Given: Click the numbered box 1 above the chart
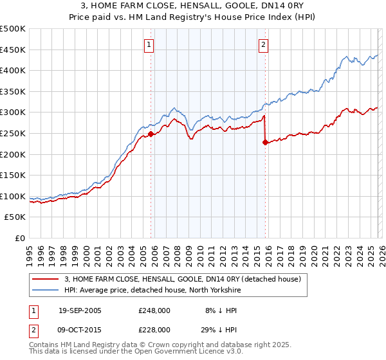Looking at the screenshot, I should (x=149, y=44).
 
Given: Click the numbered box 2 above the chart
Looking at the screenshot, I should (x=264, y=44).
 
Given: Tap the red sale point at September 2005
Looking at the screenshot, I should (x=151, y=134).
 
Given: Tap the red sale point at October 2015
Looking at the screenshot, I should (x=265, y=143).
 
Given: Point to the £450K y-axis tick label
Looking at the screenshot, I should (x=13, y=50).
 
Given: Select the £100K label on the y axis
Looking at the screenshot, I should (x=13, y=196).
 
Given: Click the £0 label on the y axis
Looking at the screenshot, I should (x=19, y=238).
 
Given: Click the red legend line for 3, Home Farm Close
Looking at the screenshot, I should (x=46, y=279).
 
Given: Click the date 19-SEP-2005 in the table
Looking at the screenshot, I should (x=80, y=310).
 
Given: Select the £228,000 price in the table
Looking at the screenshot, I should (x=154, y=329).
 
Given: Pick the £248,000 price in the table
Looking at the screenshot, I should (x=154, y=310).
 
